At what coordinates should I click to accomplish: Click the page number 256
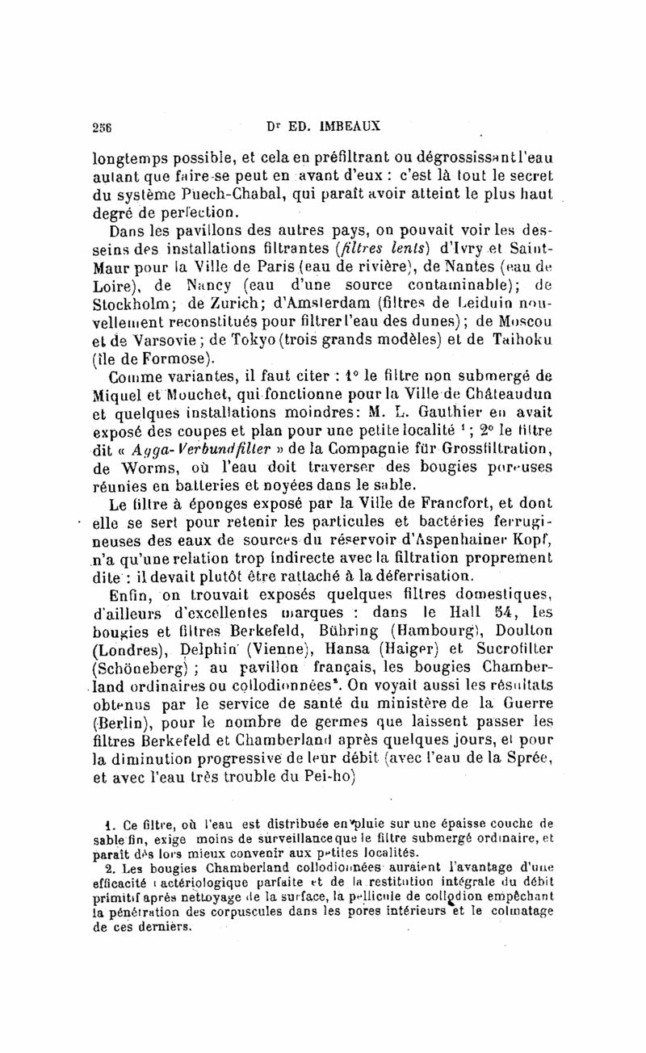coord(102,126)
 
